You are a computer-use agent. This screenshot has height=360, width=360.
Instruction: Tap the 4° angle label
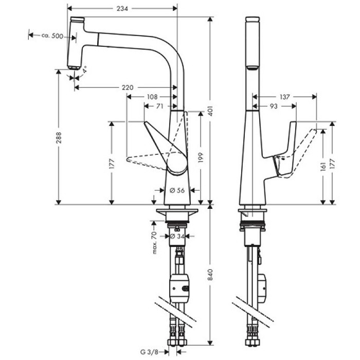coord(84,68)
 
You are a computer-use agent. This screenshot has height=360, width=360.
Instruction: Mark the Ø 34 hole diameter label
coord(177,236)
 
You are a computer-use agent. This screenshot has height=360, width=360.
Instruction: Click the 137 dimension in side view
coord(285,96)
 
